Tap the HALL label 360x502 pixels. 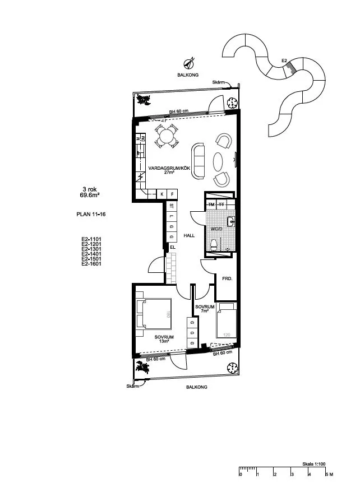189,236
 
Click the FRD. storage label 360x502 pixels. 227,278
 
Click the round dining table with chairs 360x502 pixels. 167,136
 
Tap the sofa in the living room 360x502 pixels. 199,161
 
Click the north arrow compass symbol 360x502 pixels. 190,63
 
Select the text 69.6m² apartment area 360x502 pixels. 89,196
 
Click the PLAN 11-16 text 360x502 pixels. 91,214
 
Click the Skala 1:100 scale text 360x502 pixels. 315,463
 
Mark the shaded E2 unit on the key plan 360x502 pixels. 289,67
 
